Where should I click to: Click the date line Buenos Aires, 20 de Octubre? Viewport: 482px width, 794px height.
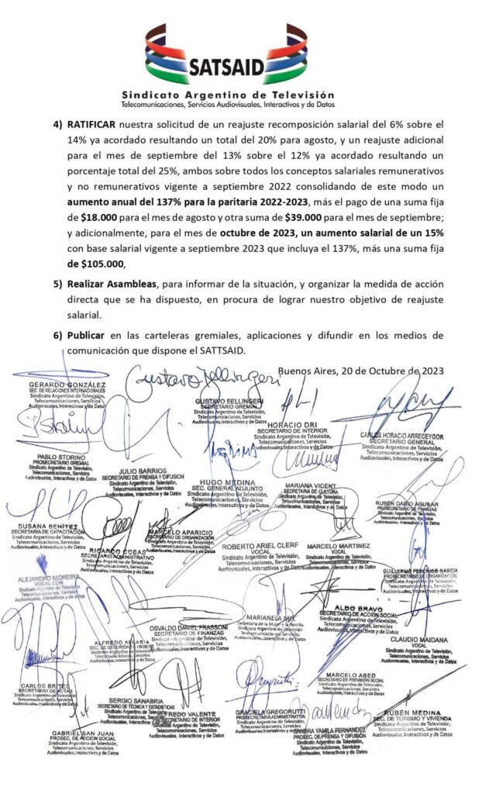[361, 371]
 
